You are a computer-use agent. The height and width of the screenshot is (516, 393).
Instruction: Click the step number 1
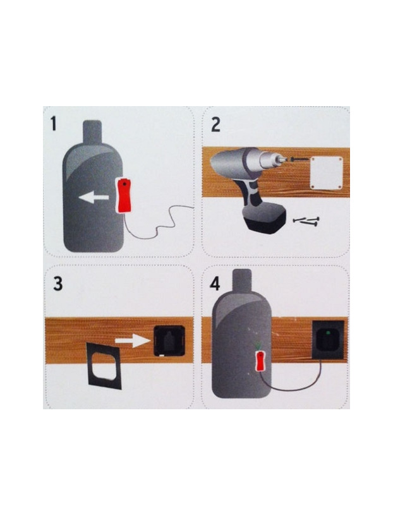tap(54, 123)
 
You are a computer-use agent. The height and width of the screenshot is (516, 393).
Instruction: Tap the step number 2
tap(215, 124)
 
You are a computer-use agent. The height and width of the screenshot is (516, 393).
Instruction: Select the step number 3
tap(58, 284)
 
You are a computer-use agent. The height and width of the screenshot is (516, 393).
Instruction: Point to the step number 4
tap(215, 283)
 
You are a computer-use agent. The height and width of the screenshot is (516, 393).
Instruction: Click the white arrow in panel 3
tap(134, 342)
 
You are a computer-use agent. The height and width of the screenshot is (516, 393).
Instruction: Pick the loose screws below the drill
tap(306, 220)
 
